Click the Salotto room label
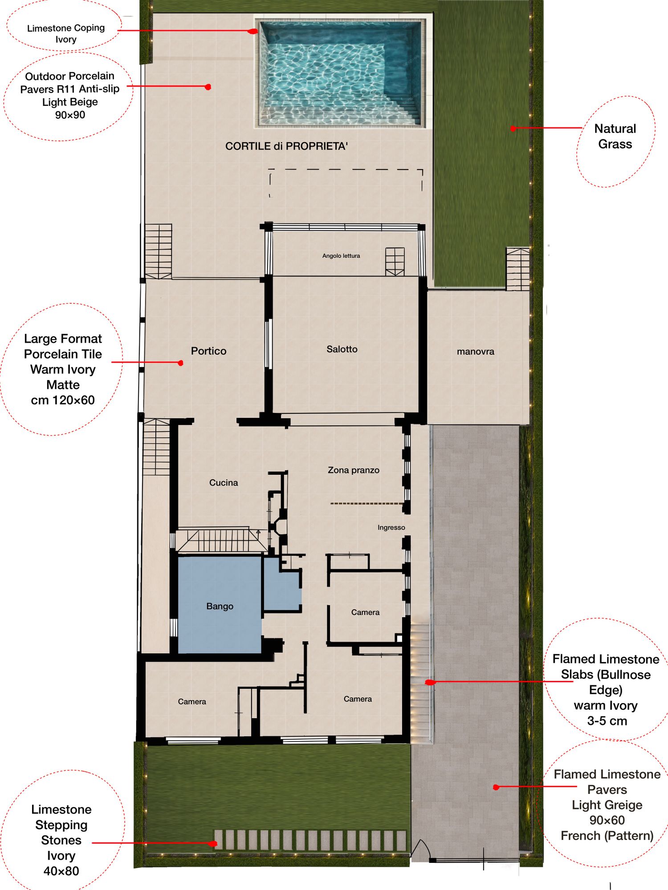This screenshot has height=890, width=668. coord(342,349)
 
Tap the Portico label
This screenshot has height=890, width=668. coord(208,351)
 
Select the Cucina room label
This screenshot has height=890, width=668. coord(224,483)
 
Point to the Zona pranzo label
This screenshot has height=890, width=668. coord(354,470)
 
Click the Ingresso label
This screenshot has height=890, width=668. coord(391,528)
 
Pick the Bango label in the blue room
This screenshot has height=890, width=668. coord(220,607)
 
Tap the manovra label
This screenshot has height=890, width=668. coord(476,352)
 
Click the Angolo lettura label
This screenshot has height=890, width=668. coord(341,256)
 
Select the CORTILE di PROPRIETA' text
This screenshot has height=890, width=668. coord(286,146)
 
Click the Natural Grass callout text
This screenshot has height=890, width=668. coord(615,136)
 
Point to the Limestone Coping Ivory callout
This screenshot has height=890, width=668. coord(66,33)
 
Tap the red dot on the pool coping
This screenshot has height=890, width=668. coord(253,32)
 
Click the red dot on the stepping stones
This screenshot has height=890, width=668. coord(213,843)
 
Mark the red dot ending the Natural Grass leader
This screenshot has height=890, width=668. coord(513,129)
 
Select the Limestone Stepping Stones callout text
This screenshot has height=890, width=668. coord(61,840)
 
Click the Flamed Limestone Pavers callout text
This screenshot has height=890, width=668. coord(607,805)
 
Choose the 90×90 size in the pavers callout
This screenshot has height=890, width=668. coord(70,115)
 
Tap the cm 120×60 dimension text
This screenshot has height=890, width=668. coord(63,400)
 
